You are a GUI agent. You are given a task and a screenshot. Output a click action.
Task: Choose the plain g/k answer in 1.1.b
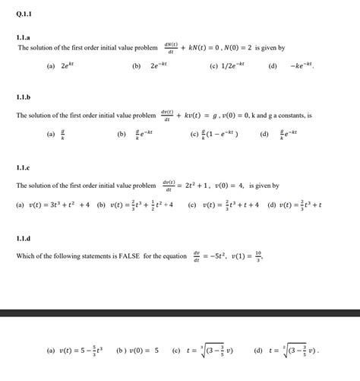pos(62,135)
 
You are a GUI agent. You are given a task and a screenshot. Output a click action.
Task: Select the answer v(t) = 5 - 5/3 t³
pos(75,351)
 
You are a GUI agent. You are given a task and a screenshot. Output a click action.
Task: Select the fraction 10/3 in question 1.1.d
pos(260,256)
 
